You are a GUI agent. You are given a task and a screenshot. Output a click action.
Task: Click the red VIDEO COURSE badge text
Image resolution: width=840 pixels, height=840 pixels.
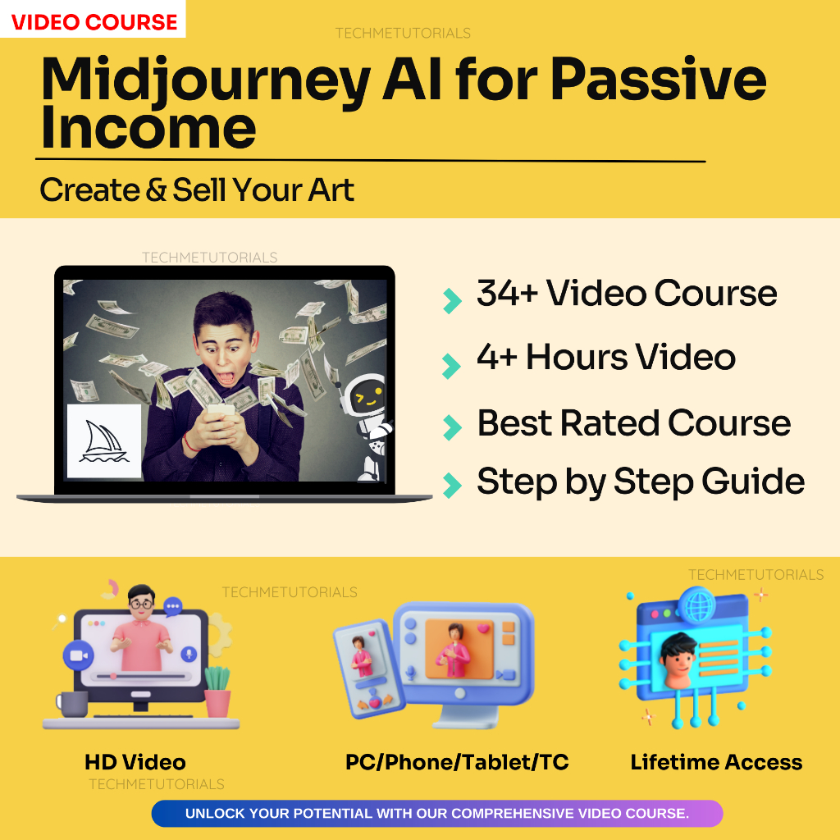pos(94,21)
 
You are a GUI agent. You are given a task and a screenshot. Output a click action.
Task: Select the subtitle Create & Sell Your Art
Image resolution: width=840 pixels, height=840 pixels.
pos(197,190)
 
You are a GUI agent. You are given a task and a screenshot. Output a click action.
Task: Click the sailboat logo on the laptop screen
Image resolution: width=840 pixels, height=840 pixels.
pos(103,441)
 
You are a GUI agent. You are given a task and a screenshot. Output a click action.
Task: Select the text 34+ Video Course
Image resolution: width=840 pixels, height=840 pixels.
pos(627,293)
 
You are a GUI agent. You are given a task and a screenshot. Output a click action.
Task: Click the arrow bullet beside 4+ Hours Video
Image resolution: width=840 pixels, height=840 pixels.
pos(451,365)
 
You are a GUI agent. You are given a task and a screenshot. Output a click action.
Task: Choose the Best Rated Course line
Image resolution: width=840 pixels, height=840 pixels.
pos(633,423)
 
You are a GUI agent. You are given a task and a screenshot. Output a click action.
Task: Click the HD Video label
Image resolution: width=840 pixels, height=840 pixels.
pos(135,762)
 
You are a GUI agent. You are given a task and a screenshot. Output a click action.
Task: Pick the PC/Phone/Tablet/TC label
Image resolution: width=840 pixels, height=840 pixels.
pos(457,762)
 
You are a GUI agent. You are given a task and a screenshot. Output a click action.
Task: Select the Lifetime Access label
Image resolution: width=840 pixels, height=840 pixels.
pos(716,762)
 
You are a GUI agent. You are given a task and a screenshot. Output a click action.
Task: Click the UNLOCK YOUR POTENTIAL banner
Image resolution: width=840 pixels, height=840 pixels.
pos(436,814)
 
